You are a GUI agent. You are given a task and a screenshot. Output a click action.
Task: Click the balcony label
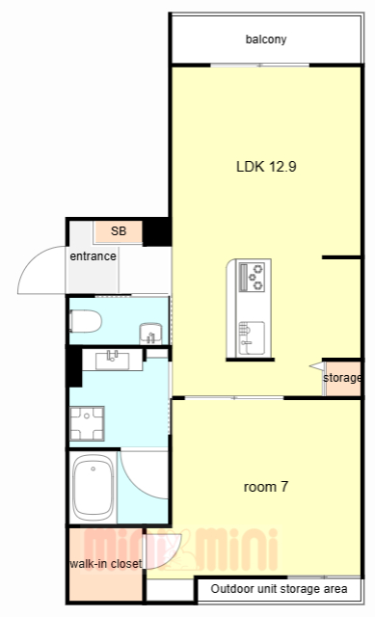coord(266,40)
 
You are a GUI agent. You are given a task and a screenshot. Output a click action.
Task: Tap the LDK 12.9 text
coord(266,167)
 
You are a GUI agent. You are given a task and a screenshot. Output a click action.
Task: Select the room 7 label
coord(266,487)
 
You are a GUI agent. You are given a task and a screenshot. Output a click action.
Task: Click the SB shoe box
coord(118,231)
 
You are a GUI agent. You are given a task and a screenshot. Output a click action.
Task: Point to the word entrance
coord(93,256)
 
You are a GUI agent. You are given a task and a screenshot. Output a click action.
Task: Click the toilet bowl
coord(86,321)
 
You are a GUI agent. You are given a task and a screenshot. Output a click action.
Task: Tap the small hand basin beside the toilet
coord(150,334)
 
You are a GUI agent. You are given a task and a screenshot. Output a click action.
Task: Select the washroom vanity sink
coord(112,360)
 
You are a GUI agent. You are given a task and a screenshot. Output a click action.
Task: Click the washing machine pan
coord(87,423)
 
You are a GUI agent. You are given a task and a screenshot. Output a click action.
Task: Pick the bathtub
coord(94,488)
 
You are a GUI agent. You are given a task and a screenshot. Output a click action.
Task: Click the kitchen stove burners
coord(253,277)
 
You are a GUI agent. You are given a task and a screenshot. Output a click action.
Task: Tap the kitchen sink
coord(252,337)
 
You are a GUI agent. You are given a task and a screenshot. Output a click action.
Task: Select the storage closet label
coord(341,378)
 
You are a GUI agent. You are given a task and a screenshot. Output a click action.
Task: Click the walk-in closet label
coord(105,563)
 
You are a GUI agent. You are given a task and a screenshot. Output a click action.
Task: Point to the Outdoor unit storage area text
coord(279,589)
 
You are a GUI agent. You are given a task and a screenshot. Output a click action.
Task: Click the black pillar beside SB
coord(156,231)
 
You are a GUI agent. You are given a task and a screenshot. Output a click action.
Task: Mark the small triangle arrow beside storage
coord(317,366)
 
